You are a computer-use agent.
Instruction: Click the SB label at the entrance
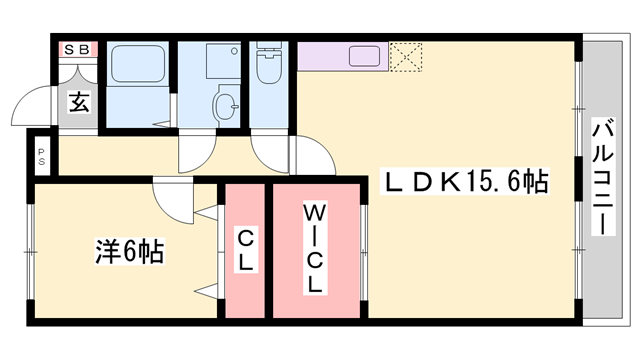[76, 48]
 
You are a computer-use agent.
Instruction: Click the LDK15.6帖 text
[466, 182]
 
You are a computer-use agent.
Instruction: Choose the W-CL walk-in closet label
[315, 248]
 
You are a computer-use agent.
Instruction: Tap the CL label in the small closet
[244, 250]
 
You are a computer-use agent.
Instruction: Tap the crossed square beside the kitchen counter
[407, 55]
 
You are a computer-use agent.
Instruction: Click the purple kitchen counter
[340, 56]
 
